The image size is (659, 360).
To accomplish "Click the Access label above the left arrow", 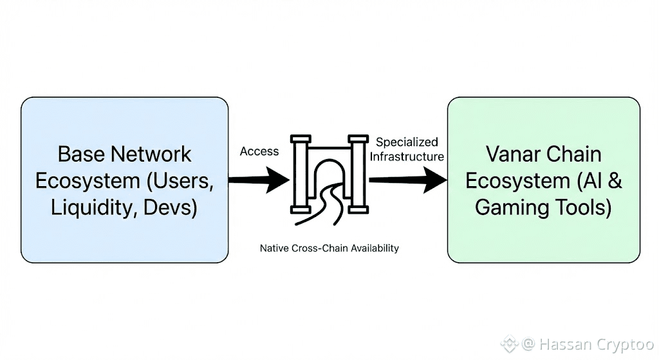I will (x=259, y=151).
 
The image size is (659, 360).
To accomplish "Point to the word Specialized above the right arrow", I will (x=407, y=142).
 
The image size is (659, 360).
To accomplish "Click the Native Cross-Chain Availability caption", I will (x=329, y=248).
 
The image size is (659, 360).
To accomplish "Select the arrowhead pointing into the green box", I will (x=436, y=180).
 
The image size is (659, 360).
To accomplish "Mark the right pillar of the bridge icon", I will (x=357, y=174).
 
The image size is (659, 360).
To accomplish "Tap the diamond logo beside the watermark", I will (x=509, y=344).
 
